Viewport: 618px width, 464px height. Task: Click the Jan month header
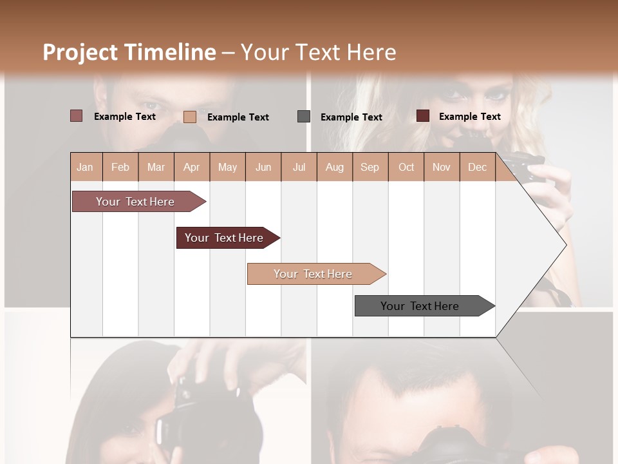tap(85, 167)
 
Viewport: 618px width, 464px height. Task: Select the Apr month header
tap(191, 167)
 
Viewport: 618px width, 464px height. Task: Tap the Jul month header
tap(299, 167)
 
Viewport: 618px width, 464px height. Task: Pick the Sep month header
tap(370, 167)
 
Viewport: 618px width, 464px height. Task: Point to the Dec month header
tap(477, 167)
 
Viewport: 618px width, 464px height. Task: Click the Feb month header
tap(120, 167)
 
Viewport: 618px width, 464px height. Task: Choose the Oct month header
tap(406, 167)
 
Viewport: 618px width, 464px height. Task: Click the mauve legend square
tap(76, 116)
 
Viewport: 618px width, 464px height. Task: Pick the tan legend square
tap(189, 117)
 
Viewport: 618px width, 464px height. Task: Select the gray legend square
tap(304, 116)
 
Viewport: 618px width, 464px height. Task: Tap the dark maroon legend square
tap(422, 116)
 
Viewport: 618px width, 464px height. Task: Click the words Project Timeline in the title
tap(129, 52)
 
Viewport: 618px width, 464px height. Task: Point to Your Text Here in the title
tap(318, 52)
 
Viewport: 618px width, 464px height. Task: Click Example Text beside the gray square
tap(351, 117)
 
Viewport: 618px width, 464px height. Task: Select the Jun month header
tap(263, 167)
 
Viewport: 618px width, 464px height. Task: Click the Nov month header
tap(441, 167)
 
